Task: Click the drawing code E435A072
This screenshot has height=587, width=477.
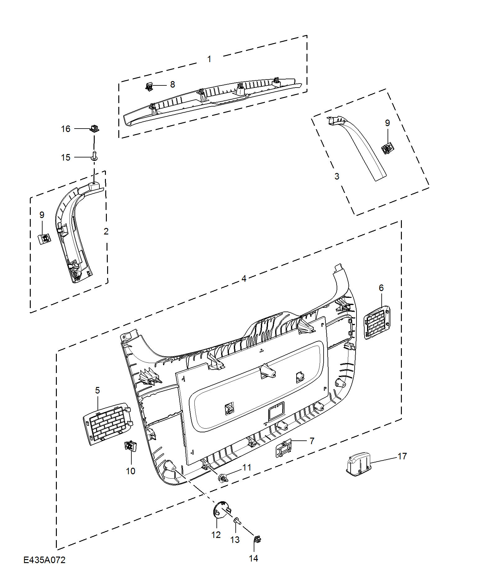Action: [44, 560]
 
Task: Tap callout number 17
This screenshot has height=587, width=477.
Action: [402, 456]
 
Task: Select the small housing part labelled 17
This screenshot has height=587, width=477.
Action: [359, 464]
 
